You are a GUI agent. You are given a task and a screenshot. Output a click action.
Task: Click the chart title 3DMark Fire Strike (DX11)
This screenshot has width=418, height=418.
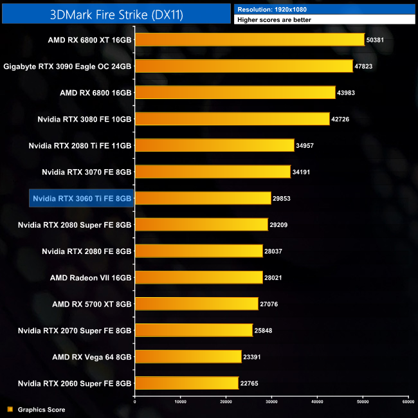[x=116, y=14]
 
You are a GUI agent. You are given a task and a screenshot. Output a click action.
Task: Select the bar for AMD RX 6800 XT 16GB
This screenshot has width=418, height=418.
[x=250, y=40]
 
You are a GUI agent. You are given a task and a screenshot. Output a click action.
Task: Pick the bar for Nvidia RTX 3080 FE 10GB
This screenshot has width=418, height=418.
[x=232, y=119]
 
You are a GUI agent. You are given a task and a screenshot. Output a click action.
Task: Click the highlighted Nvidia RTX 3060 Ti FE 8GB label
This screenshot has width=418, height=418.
[x=82, y=198]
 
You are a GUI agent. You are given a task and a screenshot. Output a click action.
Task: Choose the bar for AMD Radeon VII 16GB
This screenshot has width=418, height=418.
[x=198, y=277]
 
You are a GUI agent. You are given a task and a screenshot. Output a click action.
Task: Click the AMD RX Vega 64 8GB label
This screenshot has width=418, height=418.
[x=92, y=356]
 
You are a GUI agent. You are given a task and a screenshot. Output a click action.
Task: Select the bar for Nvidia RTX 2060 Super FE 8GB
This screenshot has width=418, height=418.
[x=186, y=383]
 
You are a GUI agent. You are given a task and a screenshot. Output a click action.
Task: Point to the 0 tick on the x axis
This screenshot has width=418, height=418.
[x=134, y=403]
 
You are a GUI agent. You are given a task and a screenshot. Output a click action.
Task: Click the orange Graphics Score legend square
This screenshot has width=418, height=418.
[x=10, y=409]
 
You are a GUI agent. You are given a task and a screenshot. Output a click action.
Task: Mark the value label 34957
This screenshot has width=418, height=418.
[x=308, y=145]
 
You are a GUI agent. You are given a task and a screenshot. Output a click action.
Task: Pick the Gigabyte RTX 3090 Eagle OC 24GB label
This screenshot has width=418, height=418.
[x=68, y=66]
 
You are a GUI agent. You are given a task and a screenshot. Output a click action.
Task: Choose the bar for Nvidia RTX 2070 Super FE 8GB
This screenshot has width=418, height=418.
[x=194, y=330]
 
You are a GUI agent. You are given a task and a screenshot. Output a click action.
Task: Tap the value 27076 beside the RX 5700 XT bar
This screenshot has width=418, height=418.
[x=272, y=304]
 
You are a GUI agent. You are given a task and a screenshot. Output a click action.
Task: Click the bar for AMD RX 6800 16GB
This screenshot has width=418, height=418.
[x=235, y=93]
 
